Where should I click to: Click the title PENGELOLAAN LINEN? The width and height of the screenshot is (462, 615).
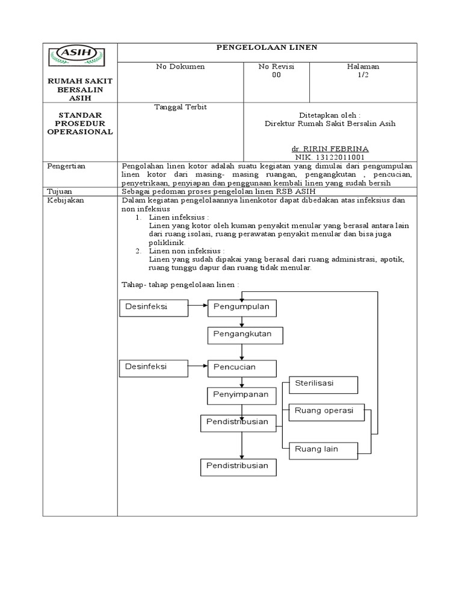tap(266, 47)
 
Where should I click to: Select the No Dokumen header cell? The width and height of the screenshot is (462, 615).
tap(180, 67)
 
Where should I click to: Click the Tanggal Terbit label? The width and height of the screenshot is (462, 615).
tap(180, 107)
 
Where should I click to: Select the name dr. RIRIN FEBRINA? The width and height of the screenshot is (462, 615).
tap(330, 148)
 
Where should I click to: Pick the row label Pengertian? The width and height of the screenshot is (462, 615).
tap(64, 165)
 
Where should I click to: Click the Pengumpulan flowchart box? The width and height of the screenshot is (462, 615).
tap(242, 308)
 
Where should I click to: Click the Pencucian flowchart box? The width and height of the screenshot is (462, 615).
tap(242, 368)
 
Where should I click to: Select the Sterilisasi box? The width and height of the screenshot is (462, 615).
tap(323, 384)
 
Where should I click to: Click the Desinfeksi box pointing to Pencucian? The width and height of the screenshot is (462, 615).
tap(153, 368)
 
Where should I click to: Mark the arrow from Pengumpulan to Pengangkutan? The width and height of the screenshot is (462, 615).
tap(242, 322)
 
